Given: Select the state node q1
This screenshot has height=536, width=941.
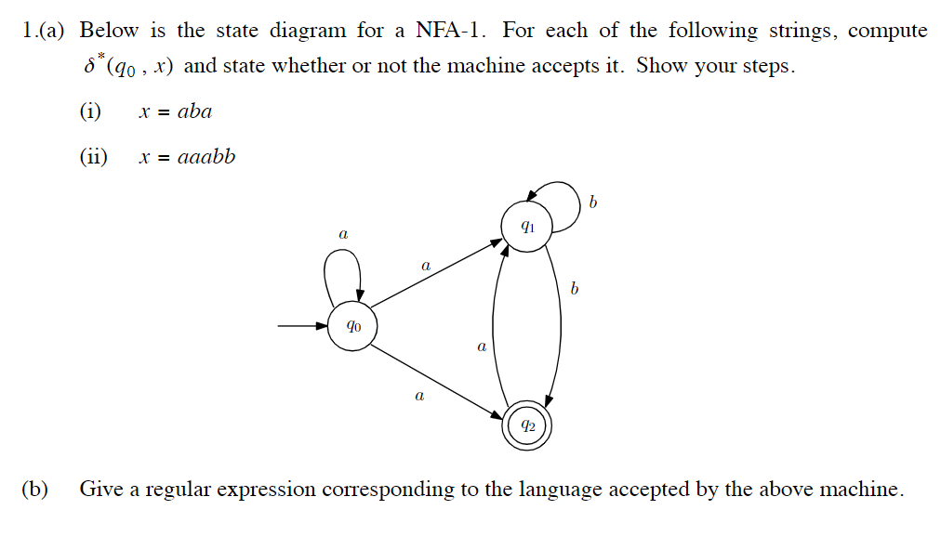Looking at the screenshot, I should point(526,226).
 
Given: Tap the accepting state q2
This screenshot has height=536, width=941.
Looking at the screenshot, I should point(527,427).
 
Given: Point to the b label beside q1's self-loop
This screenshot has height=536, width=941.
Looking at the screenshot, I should point(592,203).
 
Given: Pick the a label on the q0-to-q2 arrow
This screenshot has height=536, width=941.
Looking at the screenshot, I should point(419,397).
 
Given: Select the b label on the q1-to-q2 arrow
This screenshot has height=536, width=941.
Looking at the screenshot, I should point(574,290).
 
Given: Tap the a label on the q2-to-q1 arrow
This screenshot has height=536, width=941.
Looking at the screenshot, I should point(481,347).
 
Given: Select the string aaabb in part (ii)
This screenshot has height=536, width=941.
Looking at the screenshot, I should point(206,157).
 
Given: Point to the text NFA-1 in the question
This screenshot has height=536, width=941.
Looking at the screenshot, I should point(451,31).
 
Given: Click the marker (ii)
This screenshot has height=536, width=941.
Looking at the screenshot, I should point(93,157).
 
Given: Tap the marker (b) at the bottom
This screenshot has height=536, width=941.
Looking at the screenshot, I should point(35,489).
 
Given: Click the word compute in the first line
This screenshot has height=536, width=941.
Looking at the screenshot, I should point(887,32).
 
